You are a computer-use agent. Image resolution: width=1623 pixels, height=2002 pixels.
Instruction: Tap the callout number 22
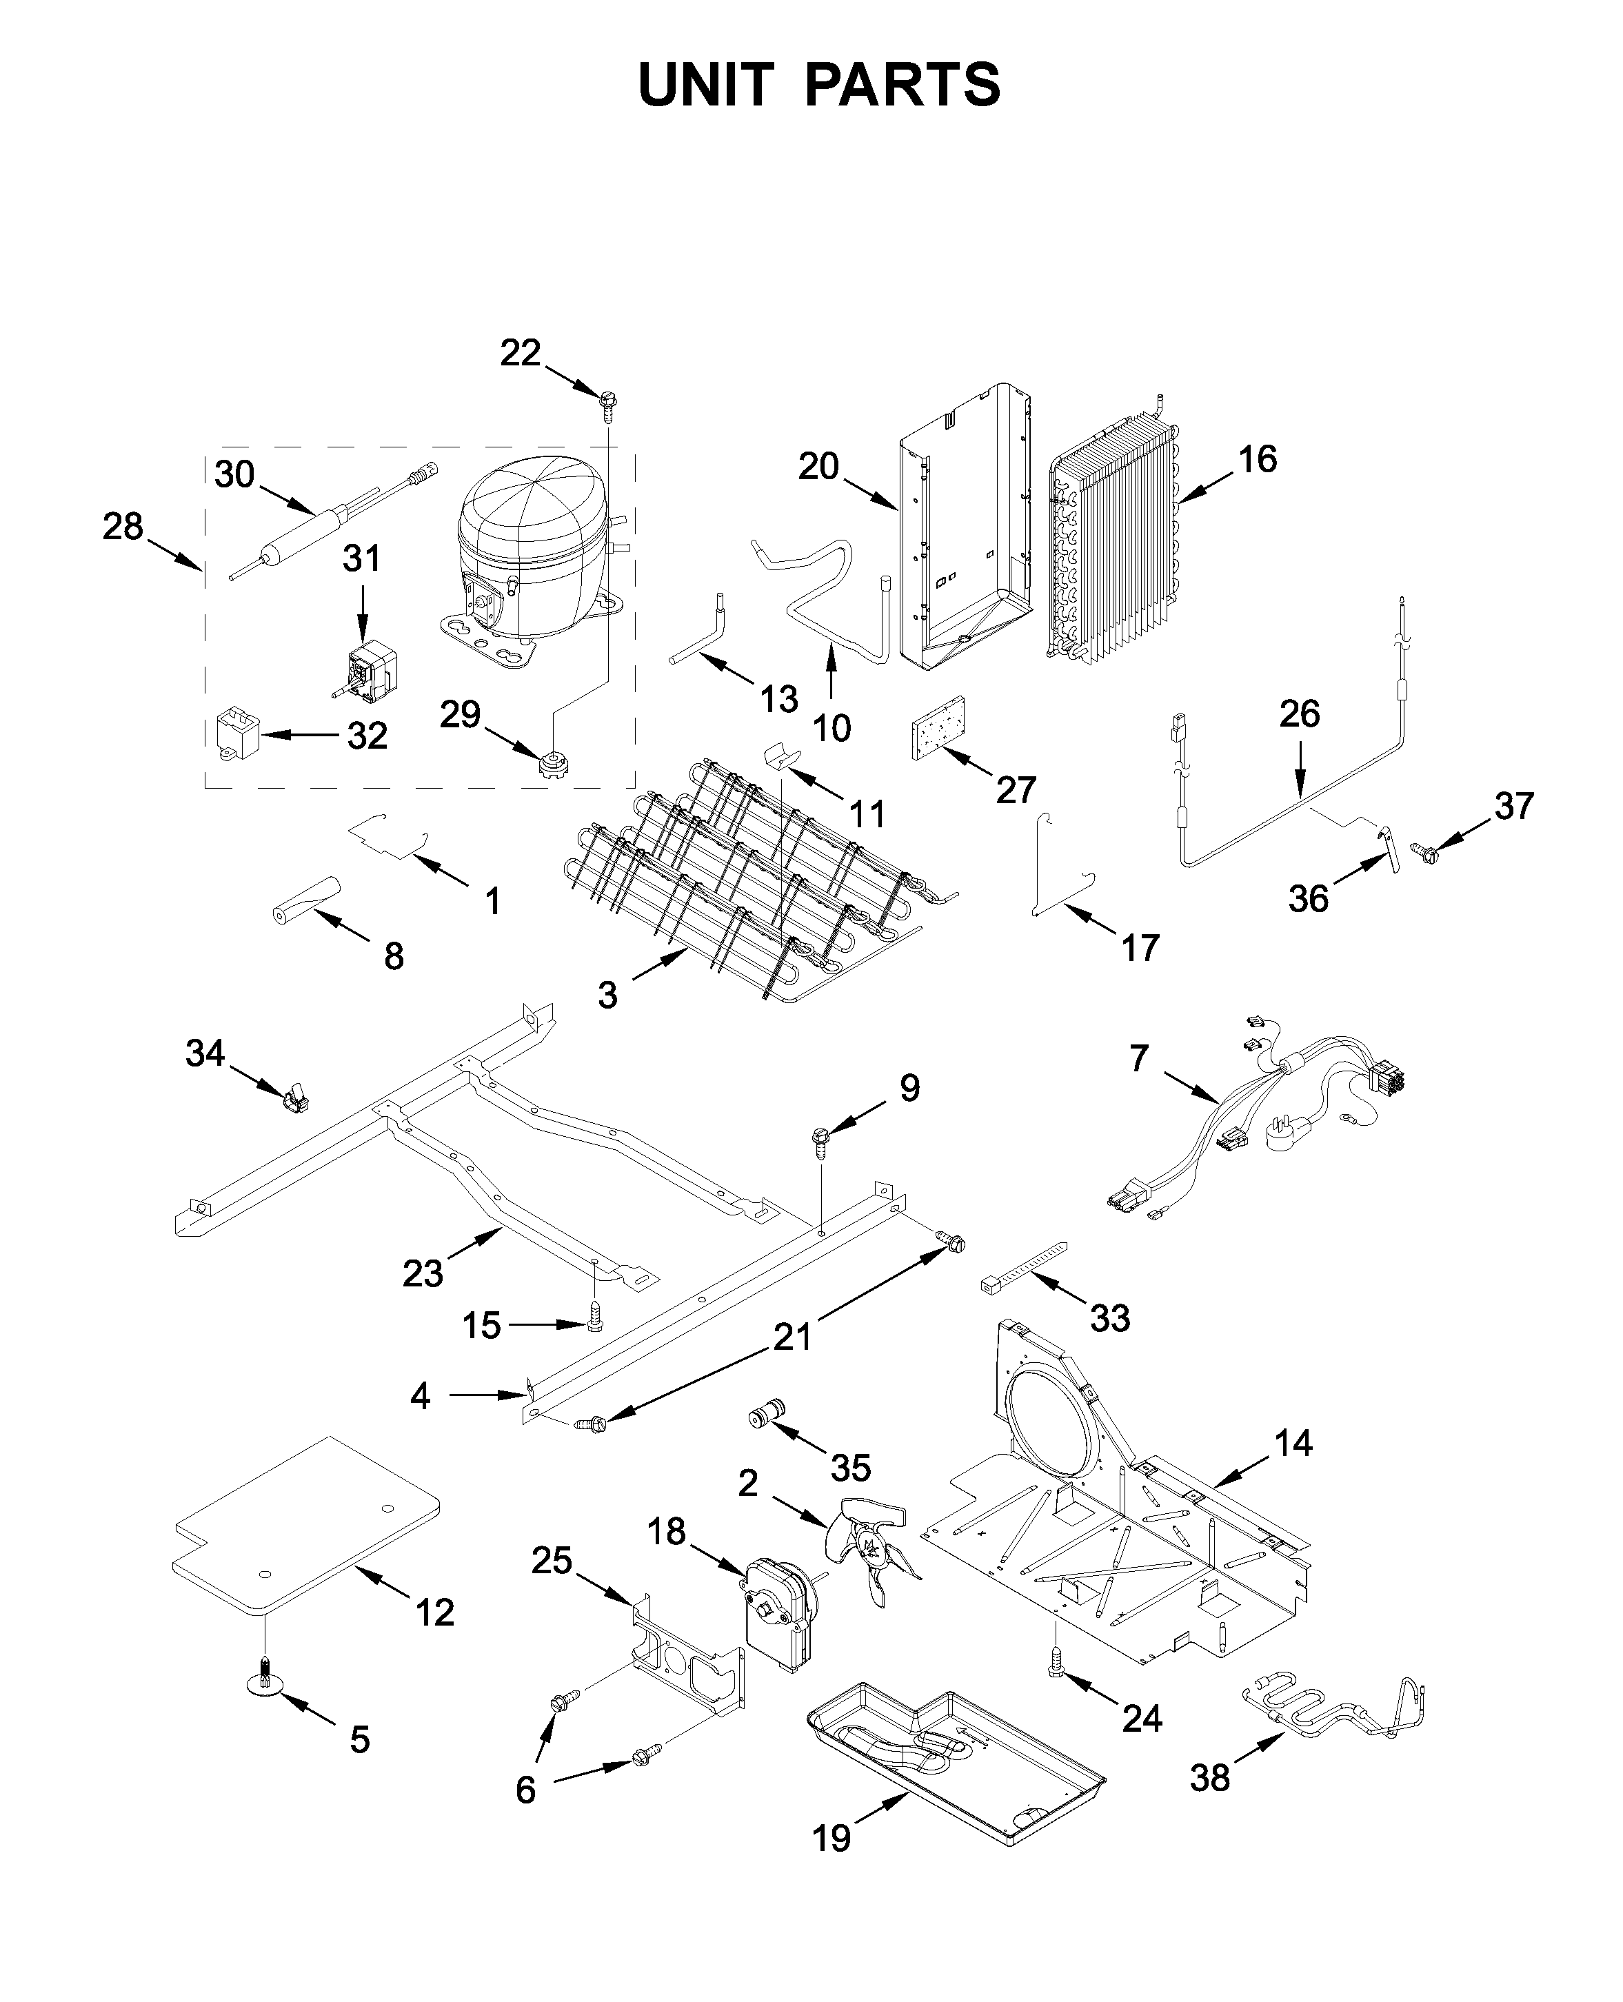(x=520, y=353)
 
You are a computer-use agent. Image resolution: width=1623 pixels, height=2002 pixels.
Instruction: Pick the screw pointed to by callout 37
(x=1428, y=851)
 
